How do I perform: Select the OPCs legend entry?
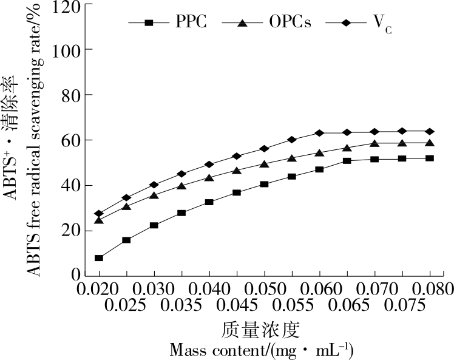coord(267,23)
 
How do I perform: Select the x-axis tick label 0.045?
coord(236,302)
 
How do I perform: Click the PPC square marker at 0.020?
coord(99,258)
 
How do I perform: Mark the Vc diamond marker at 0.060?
coord(319,133)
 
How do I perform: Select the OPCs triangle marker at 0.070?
coord(374,144)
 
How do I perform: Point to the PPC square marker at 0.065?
coord(347,161)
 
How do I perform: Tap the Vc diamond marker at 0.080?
coord(430,131)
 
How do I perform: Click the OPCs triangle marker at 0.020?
coord(99,220)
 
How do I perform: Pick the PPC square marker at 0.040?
coord(209,202)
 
